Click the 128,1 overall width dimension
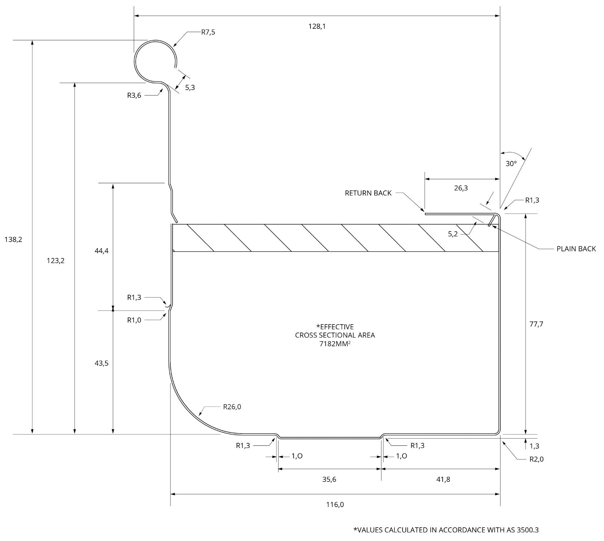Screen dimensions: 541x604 point(317,26)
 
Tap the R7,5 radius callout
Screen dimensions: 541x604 point(208,32)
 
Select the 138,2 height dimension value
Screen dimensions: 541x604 point(13,239)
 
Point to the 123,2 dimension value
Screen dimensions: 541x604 point(56,260)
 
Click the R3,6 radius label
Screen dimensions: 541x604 point(134,95)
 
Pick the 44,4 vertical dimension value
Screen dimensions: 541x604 point(101,251)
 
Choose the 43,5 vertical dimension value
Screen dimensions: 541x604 point(101,363)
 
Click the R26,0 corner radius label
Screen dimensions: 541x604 point(232,407)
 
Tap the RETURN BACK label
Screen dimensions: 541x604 point(368,193)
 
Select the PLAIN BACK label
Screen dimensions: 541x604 point(576,249)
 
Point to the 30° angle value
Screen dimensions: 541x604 point(511,163)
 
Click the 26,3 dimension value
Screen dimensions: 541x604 point(461,188)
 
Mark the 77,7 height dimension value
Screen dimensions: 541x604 point(536,324)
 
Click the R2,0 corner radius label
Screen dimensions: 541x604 point(536,459)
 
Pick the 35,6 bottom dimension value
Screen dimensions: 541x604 point(329,479)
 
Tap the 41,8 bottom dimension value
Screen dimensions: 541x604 point(443,479)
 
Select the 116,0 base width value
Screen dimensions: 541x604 point(335,505)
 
